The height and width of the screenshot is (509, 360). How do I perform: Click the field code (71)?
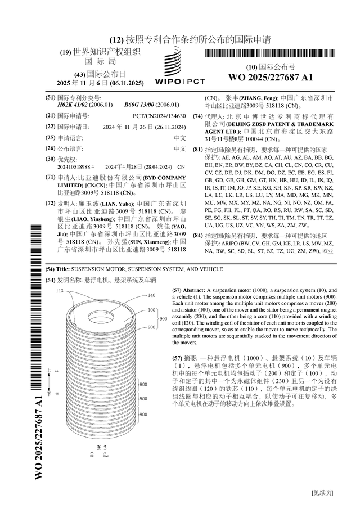(x=50, y=177)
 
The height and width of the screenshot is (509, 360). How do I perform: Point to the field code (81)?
(x=197, y=150)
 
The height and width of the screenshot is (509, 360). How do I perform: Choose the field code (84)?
(x=197, y=235)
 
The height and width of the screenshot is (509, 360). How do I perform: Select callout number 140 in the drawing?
(x=151, y=295)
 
